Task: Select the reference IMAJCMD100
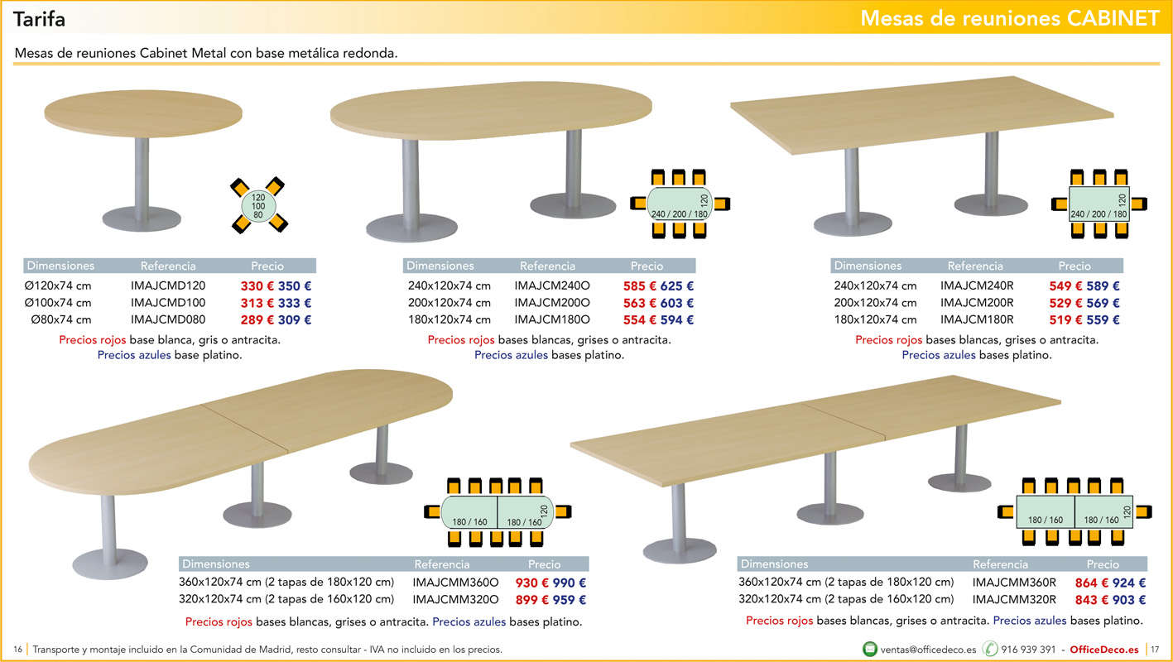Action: pos(168,303)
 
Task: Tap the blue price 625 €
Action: pos(676,286)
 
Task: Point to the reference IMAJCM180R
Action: pos(977,319)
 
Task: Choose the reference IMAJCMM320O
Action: pos(455,599)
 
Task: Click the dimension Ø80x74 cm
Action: pos(60,319)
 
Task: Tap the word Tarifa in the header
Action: pos(39,19)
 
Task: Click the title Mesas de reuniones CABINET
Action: pos(1010,18)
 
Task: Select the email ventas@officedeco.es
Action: pos(928,650)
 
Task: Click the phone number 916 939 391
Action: pos(1028,650)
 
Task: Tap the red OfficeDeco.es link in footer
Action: pos(1103,650)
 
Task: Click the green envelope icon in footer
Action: pos(870,649)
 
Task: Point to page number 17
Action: pos(1155,650)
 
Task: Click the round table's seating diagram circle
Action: pos(258,206)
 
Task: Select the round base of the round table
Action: pos(142,218)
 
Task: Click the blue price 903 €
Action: pos(1129,600)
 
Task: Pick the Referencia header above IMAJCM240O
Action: pos(547,266)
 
